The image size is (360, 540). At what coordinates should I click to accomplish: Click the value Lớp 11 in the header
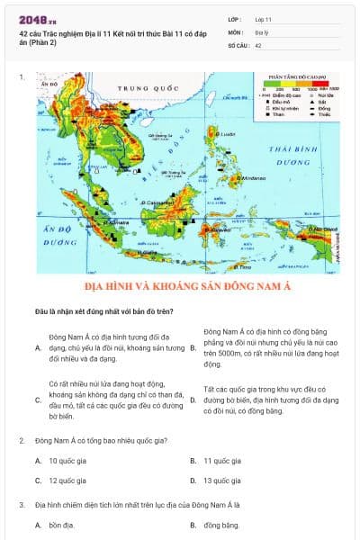(264, 19)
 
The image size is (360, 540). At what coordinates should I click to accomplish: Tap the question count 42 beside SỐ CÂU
(258, 44)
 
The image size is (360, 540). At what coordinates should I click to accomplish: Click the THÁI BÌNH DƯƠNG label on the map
(293, 155)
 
